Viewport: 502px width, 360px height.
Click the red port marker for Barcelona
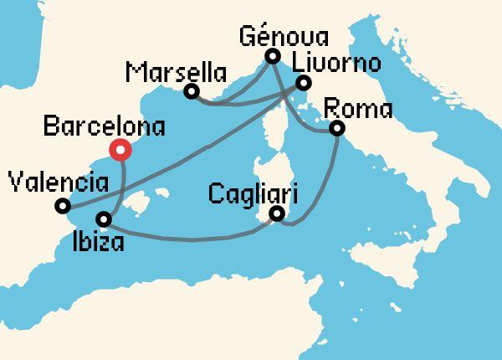[121, 151]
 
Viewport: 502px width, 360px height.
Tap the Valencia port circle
[62, 205]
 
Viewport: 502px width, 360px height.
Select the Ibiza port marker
[103, 219]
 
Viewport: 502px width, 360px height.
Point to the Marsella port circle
[192, 90]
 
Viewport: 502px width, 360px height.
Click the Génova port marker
[272, 56]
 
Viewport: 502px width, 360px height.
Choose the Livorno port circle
[304, 82]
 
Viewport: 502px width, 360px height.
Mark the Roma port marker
[337, 128]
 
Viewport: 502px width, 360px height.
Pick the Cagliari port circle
[278, 216]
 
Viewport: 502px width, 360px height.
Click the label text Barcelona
[103, 128]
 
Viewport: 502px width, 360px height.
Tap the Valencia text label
[56, 180]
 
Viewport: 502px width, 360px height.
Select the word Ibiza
[100, 244]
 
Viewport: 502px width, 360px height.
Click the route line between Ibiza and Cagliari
[192, 239]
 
